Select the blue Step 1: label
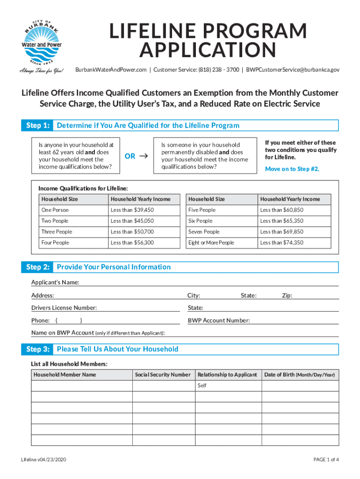(x=37, y=125)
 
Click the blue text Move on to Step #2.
(x=292, y=169)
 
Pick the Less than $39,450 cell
(x=132, y=210)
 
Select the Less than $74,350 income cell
(x=281, y=242)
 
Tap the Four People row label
(x=55, y=242)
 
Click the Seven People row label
(x=203, y=232)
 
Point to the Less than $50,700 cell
(x=132, y=232)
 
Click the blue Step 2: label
(x=37, y=267)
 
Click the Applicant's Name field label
(x=55, y=283)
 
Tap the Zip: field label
(x=287, y=295)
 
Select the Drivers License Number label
(x=64, y=308)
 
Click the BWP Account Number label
(x=219, y=320)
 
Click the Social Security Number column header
(x=163, y=375)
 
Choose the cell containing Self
(x=202, y=385)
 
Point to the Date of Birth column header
(x=299, y=375)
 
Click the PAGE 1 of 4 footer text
(x=326, y=459)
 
